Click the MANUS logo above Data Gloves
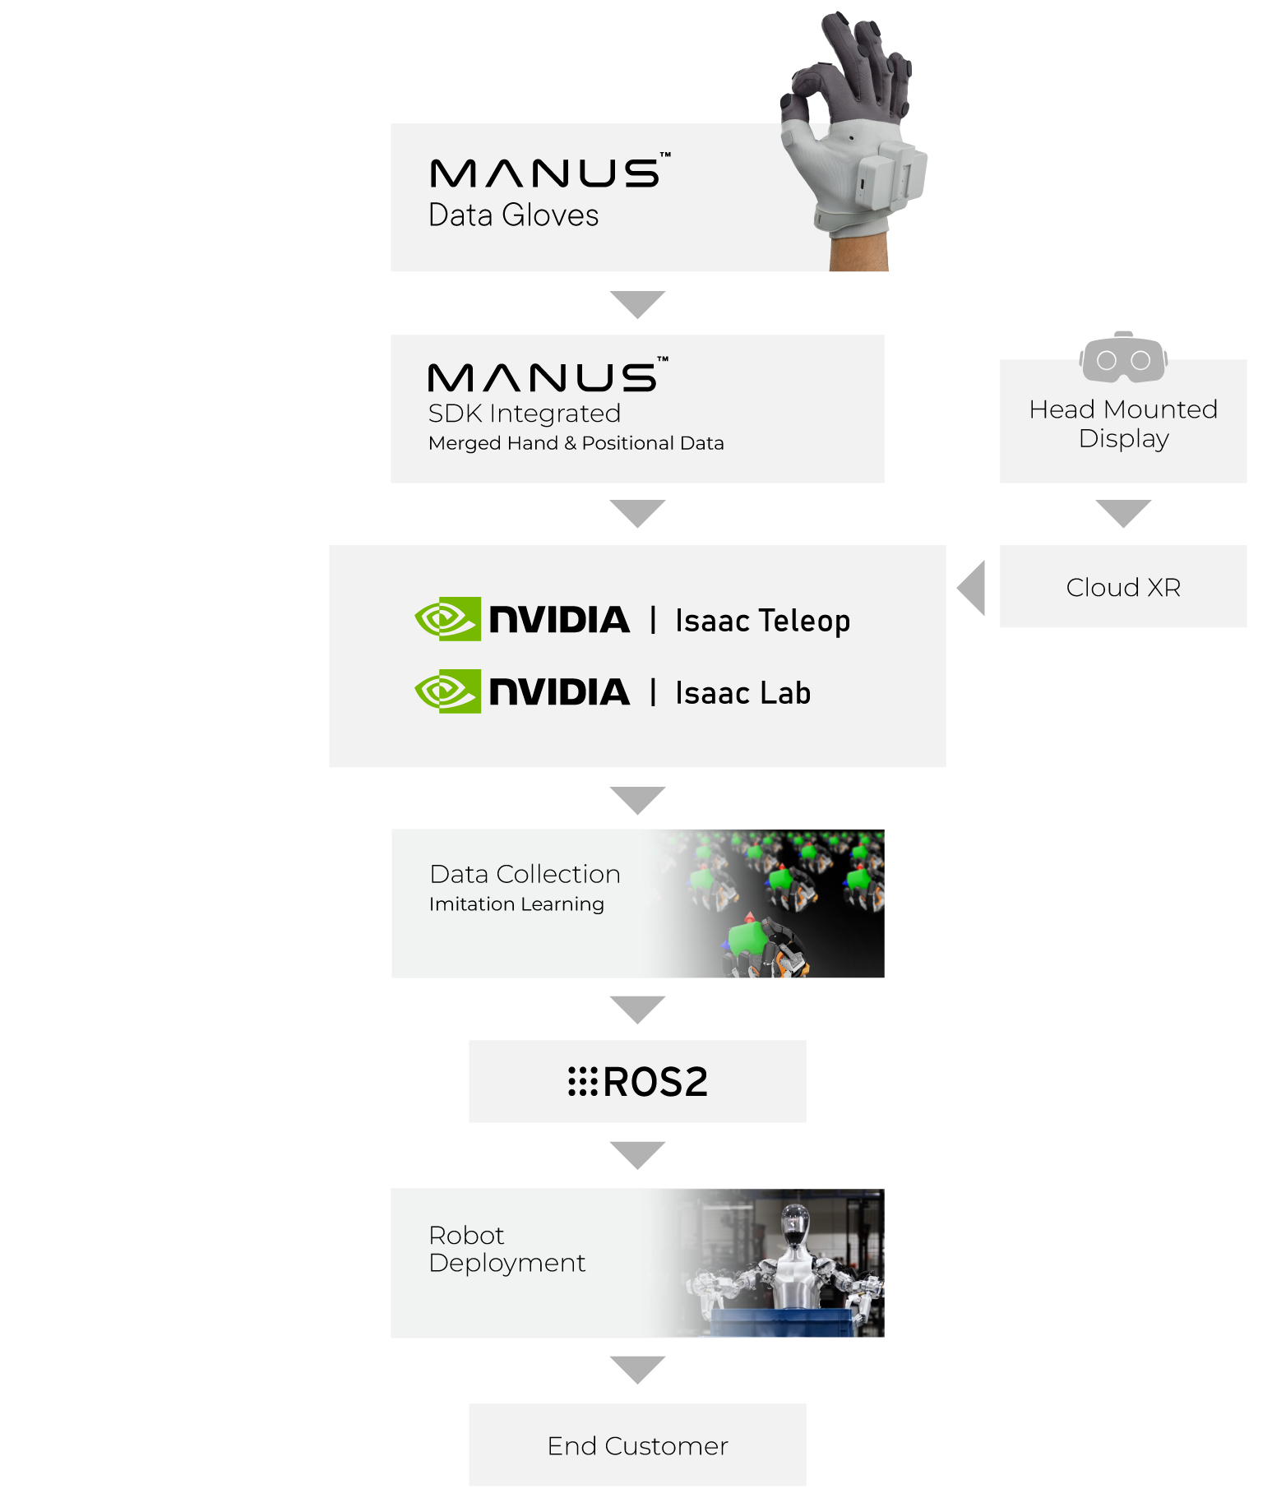pyautogui.click(x=549, y=171)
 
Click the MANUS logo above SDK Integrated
pyautogui.click(x=548, y=375)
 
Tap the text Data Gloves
pyautogui.click(x=513, y=215)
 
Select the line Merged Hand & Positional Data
pyautogui.click(x=576, y=443)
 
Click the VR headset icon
pyautogui.click(x=1123, y=358)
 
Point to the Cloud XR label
pyautogui.click(x=1123, y=587)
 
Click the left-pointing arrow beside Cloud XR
pyautogui.click(x=972, y=588)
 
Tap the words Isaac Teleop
pyautogui.click(x=762, y=621)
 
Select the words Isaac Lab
pyautogui.click(x=742, y=692)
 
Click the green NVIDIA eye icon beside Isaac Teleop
pyautogui.click(x=447, y=619)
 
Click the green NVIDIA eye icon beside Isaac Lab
pyautogui.click(x=447, y=691)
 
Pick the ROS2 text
pyautogui.click(x=655, y=1082)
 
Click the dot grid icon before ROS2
pyautogui.click(x=583, y=1082)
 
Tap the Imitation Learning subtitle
pyautogui.click(x=516, y=904)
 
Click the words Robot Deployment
pyautogui.click(x=506, y=1249)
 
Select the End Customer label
pyautogui.click(x=637, y=1446)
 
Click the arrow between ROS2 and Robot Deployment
pyautogui.click(x=637, y=1154)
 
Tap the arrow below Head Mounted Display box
pyautogui.click(x=1123, y=513)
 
